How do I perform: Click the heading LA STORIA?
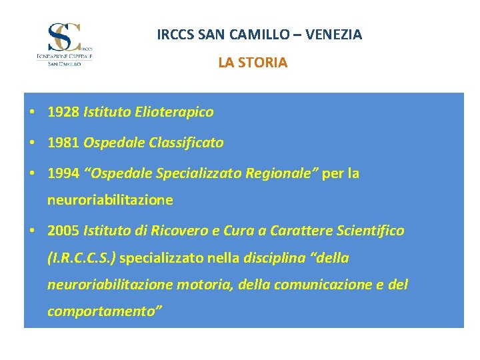tap(253, 63)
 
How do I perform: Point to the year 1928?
tap(63, 112)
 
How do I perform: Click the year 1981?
tap(63, 143)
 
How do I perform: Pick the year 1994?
tap(63, 173)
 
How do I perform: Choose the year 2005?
tap(63, 231)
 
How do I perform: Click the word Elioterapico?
tap(175, 112)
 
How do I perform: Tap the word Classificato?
tap(187, 143)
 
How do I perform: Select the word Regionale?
tap(279, 173)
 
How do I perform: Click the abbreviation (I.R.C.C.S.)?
tap(82, 257)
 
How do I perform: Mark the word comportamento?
tap(103, 311)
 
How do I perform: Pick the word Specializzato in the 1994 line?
tap(199, 173)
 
